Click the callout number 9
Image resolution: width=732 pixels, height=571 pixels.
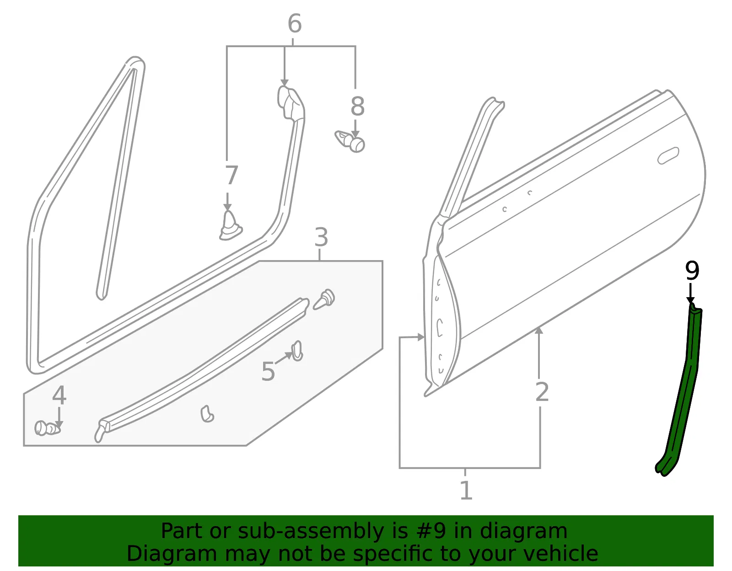tap(692, 270)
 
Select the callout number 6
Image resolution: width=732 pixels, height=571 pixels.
tap(295, 24)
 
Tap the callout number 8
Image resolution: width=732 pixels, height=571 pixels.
tap(357, 107)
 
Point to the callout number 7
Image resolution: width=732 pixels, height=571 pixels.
tap(231, 175)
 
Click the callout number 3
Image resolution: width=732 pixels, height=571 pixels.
tap(321, 237)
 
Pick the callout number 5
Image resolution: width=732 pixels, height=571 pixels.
tap(268, 372)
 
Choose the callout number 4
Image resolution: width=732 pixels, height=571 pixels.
tap(59, 395)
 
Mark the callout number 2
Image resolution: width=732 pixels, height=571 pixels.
tap(542, 392)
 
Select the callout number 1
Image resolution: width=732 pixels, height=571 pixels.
tap(466, 490)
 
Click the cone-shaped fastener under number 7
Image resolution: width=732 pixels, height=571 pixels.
tap(231, 226)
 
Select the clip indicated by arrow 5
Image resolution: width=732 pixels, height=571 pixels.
tap(297, 351)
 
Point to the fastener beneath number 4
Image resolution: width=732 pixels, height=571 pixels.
tap(47, 428)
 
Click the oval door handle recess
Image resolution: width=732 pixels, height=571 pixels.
tap(668, 156)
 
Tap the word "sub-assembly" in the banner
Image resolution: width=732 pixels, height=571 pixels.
tap(311, 531)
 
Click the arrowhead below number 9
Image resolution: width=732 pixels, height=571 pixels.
tap(690, 300)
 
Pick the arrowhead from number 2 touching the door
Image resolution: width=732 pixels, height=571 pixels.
tap(539, 331)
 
